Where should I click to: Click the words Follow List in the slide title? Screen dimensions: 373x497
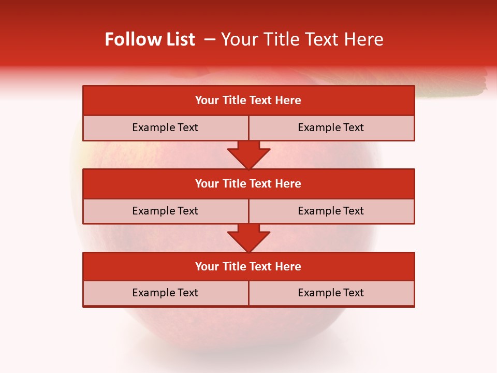pyautogui.click(x=150, y=39)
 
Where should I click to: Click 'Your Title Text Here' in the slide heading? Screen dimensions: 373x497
pyautogui.click(x=302, y=39)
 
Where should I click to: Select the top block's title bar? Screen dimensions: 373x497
pyautogui.click(x=248, y=101)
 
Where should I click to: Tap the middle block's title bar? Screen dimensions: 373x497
pyautogui.click(x=248, y=183)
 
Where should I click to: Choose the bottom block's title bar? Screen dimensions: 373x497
pyautogui.click(x=248, y=266)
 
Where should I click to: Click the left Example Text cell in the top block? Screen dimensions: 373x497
pyautogui.click(x=165, y=127)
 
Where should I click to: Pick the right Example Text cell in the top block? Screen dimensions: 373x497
pyautogui.click(x=331, y=127)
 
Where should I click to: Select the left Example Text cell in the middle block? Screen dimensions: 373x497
pyautogui.click(x=165, y=211)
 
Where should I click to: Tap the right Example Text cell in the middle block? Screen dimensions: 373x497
pyautogui.click(x=331, y=211)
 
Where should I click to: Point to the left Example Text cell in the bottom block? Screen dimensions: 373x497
pyautogui.click(x=165, y=293)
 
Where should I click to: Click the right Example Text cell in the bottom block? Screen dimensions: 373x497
pyautogui.click(x=331, y=293)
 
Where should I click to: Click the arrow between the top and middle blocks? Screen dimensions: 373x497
pyautogui.click(x=248, y=155)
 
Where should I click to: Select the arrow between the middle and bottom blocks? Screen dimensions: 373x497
pyautogui.click(x=248, y=238)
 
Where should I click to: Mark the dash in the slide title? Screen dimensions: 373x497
pyautogui.click(x=210, y=39)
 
